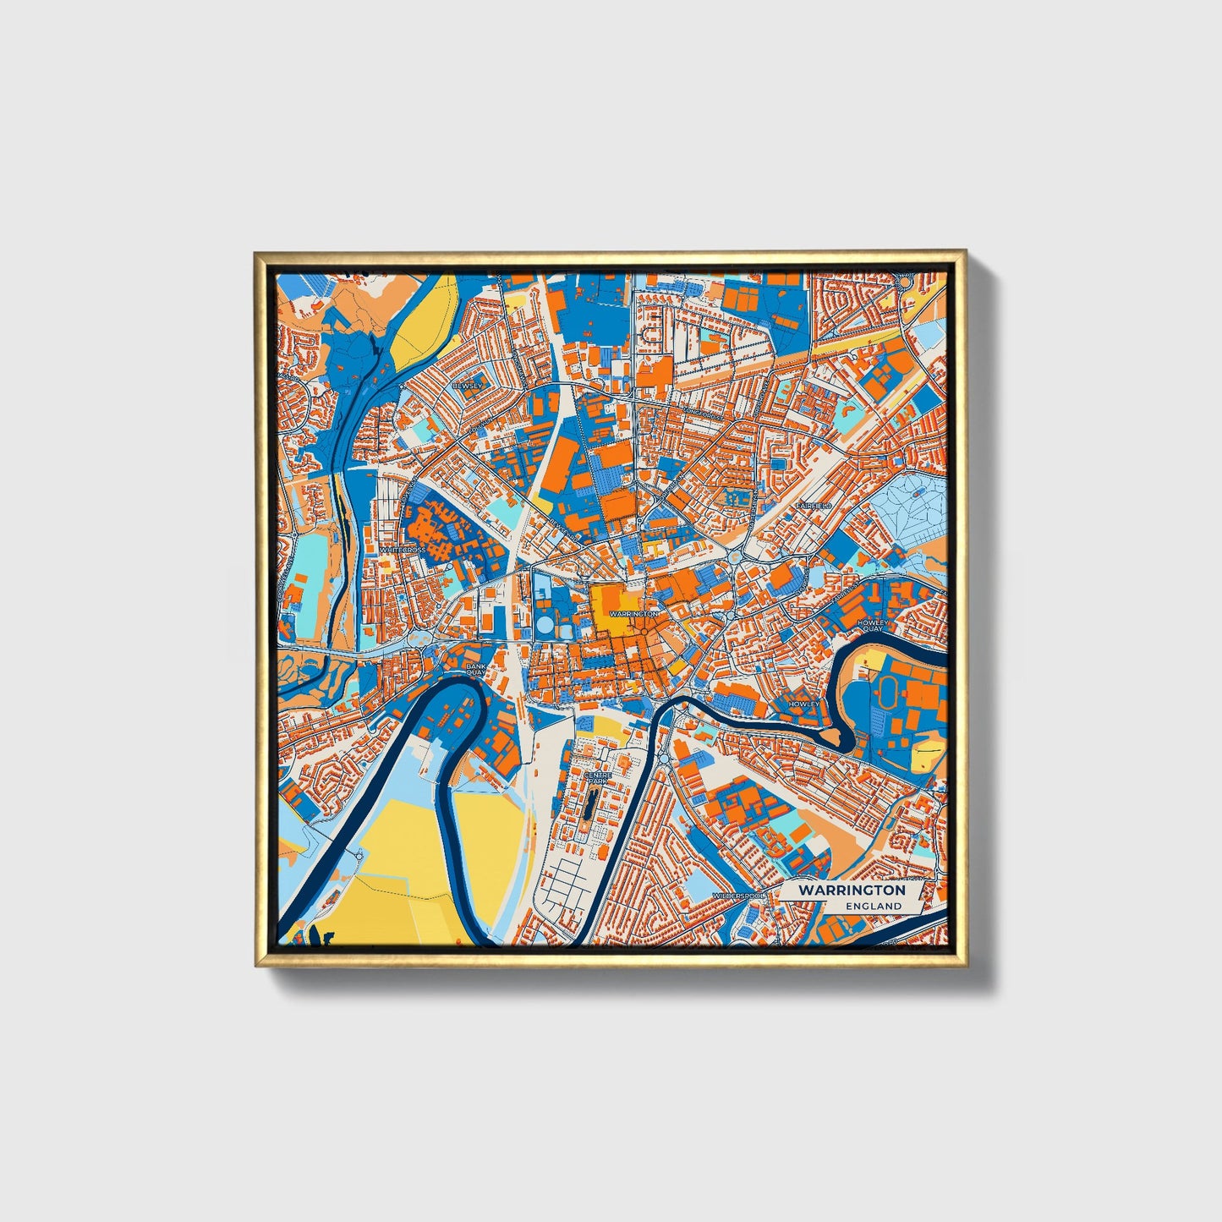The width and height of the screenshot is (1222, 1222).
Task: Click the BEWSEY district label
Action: [x=467, y=386]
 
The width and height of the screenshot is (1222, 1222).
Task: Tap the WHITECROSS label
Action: [x=403, y=550]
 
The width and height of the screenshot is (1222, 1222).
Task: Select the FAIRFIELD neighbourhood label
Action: [x=813, y=505]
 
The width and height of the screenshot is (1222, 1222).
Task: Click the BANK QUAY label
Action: [x=475, y=670]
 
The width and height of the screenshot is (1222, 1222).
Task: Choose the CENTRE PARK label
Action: [x=598, y=778]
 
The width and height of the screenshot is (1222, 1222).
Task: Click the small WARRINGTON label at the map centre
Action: [x=633, y=614]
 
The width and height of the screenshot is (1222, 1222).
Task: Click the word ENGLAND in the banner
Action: [x=874, y=906]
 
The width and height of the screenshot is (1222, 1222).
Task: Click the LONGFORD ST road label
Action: [x=702, y=413]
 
